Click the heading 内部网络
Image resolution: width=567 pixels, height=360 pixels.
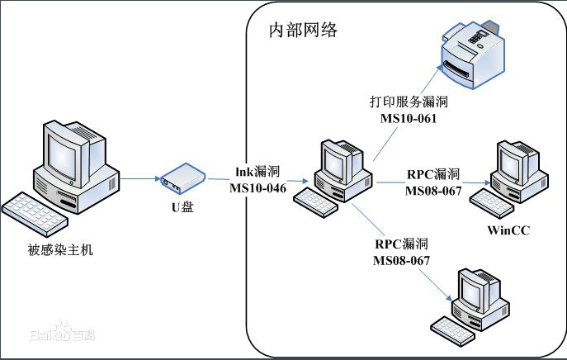click(x=303, y=30)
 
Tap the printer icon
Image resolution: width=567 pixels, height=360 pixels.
click(x=473, y=54)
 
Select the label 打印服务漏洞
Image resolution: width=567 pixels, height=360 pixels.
click(x=409, y=102)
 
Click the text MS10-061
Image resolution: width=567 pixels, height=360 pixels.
click(x=409, y=118)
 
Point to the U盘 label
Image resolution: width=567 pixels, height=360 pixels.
click(x=182, y=207)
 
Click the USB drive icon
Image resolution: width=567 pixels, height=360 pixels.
click(x=183, y=178)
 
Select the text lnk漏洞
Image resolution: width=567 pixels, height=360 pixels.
click(x=258, y=172)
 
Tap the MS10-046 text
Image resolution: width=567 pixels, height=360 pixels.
click(x=258, y=188)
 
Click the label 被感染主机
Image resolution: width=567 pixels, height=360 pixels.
click(x=60, y=250)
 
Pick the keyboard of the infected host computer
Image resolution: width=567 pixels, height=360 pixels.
click(x=35, y=214)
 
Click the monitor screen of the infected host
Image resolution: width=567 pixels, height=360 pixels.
click(x=62, y=158)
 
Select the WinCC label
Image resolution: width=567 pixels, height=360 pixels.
click(x=508, y=230)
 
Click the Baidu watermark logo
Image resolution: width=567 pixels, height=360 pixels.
click(x=62, y=332)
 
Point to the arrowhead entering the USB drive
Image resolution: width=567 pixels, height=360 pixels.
click(x=158, y=178)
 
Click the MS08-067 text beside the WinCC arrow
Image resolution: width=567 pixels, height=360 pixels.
click(x=433, y=191)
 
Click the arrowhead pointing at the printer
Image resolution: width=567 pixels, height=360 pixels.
click(x=440, y=68)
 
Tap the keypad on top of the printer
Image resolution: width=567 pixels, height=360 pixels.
click(x=478, y=37)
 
